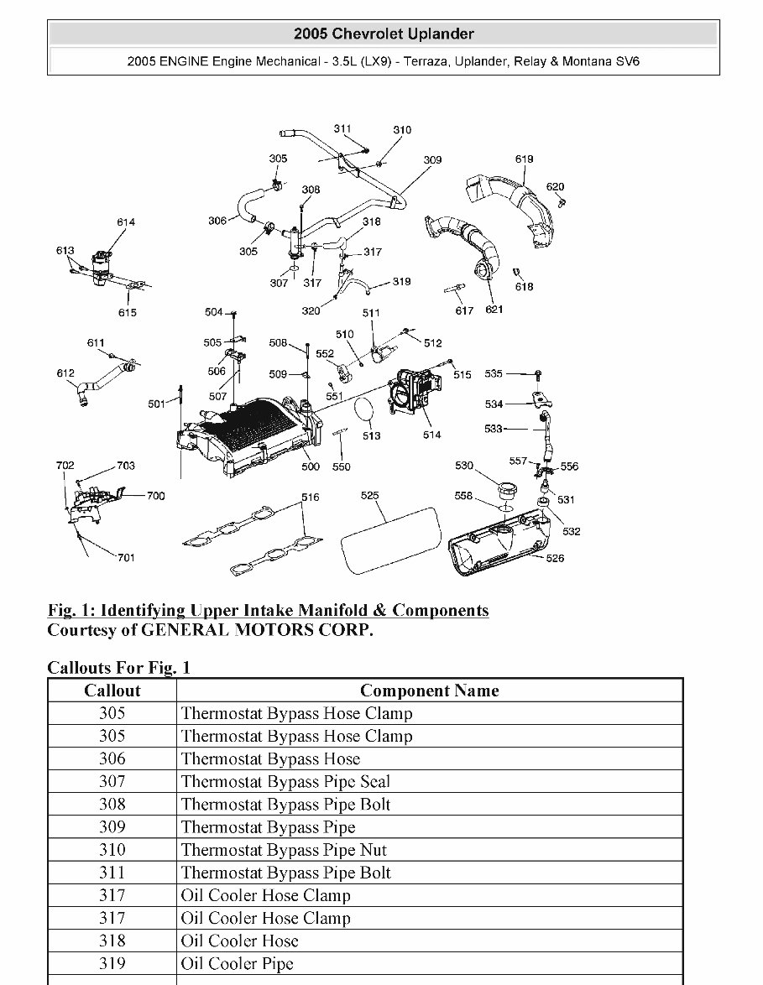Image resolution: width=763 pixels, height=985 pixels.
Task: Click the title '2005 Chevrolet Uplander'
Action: (384, 34)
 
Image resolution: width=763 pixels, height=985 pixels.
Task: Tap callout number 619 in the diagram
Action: (524, 159)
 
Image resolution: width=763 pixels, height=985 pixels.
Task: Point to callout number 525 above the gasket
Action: (370, 496)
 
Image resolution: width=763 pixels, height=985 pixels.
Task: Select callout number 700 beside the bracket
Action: (155, 496)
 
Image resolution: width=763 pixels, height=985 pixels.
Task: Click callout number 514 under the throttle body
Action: (431, 435)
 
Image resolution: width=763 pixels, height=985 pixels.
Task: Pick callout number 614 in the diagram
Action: (126, 222)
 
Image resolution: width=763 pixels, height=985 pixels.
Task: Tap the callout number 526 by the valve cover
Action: (555, 558)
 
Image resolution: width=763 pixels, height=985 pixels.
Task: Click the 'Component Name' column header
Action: (429, 691)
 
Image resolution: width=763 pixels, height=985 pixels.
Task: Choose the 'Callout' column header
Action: (112, 691)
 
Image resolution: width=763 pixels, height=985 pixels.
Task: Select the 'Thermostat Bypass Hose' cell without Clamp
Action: (270, 758)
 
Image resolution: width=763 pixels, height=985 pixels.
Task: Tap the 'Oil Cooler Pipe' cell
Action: (238, 963)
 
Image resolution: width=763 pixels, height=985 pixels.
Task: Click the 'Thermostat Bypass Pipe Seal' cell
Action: (285, 781)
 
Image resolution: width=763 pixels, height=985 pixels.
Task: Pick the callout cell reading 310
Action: (112, 850)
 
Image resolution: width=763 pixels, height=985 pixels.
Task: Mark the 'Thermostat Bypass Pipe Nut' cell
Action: (284, 850)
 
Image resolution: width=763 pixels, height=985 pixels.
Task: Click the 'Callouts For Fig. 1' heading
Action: (119, 667)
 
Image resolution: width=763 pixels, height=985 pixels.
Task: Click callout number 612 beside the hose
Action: (65, 373)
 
